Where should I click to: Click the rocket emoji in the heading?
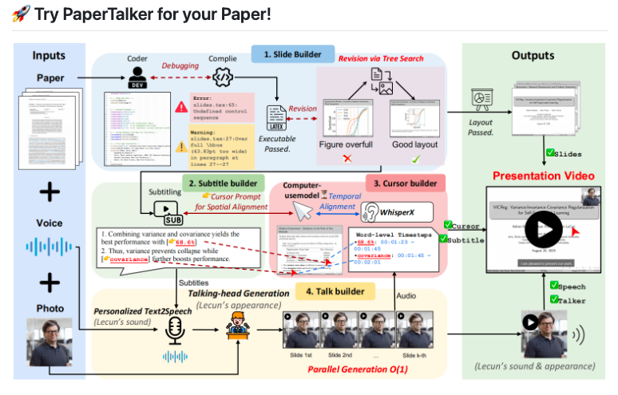[x=22, y=14]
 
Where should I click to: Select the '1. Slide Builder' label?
[x=290, y=55]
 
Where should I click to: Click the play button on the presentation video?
[x=544, y=232]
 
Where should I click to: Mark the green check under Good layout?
[x=416, y=160]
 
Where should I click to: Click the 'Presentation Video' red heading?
[x=543, y=176]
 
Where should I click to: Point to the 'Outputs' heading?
[x=533, y=56]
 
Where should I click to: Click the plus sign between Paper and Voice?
[x=50, y=191]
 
